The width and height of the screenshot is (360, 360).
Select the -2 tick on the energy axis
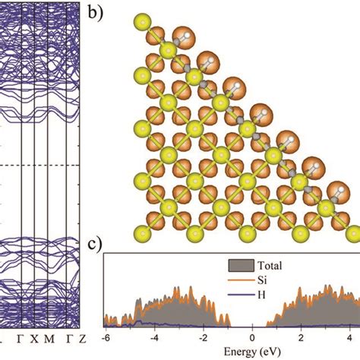pos(203,338)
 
